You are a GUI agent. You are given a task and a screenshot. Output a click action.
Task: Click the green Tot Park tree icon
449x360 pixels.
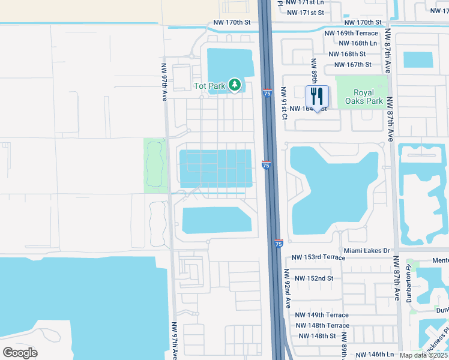(235, 86)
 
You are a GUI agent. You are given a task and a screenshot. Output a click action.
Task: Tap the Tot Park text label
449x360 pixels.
(209, 86)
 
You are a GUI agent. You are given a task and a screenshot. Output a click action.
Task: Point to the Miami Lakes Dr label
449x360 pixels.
(367, 250)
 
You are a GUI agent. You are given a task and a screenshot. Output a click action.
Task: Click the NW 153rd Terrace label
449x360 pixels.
(318, 257)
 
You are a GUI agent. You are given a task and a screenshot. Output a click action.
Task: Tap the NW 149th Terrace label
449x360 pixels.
(322, 315)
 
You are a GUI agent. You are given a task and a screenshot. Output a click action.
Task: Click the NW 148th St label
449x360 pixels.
(316, 336)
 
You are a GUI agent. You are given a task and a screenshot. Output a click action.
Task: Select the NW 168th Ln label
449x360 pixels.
(358, 43)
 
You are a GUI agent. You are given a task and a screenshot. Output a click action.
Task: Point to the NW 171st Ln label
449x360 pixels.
(306, 2)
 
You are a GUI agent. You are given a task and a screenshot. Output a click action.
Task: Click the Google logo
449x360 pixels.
(20, 353)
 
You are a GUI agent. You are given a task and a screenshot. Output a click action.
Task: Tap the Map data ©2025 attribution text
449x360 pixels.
(423, 355)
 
